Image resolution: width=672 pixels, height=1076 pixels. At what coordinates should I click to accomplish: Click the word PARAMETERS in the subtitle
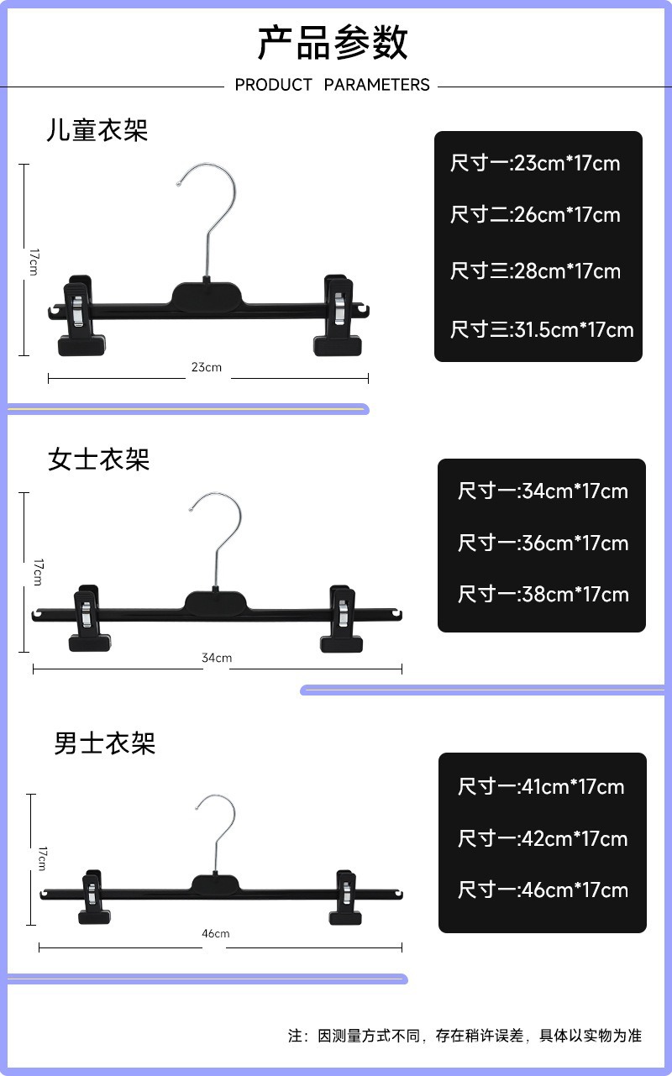[x=376, y=85]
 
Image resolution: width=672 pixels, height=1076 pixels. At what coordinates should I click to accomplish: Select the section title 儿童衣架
[x=97, y=130]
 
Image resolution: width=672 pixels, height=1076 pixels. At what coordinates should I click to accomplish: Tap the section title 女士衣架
[x=98, y=459]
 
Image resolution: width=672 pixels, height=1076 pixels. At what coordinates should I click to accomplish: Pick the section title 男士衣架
[x=104, y=743]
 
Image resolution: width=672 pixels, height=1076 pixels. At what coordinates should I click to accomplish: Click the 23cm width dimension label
[x=207, y=367]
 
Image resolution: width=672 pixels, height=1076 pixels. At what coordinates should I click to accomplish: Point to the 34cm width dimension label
[x=217, y=658]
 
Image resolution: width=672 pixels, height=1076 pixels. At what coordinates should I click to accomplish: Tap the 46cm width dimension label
[x=215, y=933]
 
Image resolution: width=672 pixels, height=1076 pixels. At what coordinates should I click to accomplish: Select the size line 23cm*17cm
[x=535, y=163]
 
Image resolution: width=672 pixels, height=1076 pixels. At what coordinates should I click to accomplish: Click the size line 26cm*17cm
[x=535, y=215]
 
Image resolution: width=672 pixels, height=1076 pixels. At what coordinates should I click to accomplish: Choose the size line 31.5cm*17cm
[x=541, y=329]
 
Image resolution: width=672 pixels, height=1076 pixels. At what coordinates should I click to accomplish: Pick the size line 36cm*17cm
[x=543, y=543]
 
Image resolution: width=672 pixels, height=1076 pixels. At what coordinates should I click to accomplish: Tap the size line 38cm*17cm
[x=543, y=595]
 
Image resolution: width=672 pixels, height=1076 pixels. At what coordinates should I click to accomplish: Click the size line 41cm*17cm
[x=541, y=787]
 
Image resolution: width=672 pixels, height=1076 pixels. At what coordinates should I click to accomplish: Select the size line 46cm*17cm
[x=543, y=890]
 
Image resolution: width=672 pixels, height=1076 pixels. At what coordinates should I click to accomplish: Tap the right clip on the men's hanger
[x=344, y=897]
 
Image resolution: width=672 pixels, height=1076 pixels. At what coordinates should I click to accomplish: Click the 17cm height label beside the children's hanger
[x=33, y=260]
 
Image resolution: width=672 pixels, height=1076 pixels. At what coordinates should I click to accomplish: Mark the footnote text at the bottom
[x=465, y=1036]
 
